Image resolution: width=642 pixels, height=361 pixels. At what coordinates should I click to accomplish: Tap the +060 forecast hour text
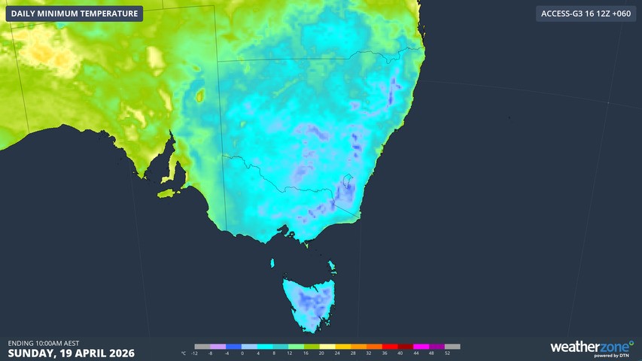tap(619, 14)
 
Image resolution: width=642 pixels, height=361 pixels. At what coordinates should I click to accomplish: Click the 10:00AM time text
tap(46, 343)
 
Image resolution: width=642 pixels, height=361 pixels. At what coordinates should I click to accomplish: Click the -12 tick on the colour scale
tap(195, 353)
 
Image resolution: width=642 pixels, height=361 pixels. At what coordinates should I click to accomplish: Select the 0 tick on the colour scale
tap(242, 353)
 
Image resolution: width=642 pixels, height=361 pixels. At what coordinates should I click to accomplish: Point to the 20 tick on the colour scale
tap(321, 353)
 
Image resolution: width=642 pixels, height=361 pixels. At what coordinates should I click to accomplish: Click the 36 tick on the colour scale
tap(385, 353)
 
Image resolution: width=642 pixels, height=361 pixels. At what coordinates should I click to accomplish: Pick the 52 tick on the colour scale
tap(448, 353)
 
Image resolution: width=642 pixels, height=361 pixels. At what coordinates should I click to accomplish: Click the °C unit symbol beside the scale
tap(183, 353)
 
